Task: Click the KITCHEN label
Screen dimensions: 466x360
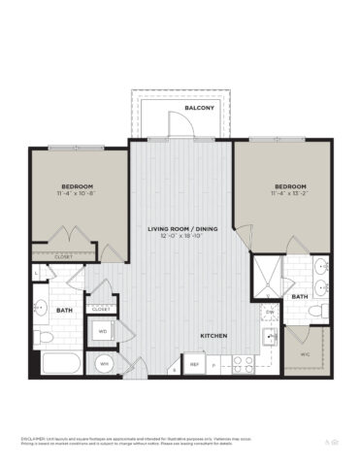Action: click(214, 335)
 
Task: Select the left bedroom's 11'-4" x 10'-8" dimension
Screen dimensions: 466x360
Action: click(77, 193)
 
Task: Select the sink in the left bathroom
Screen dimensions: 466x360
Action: click(41, 310)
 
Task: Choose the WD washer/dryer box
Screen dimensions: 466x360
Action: click(103, 331)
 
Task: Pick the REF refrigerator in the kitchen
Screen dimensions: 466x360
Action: click(194, 365)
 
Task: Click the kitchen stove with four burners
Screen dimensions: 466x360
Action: click(243, 364)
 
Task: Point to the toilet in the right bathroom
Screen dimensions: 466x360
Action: click(316, 310)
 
